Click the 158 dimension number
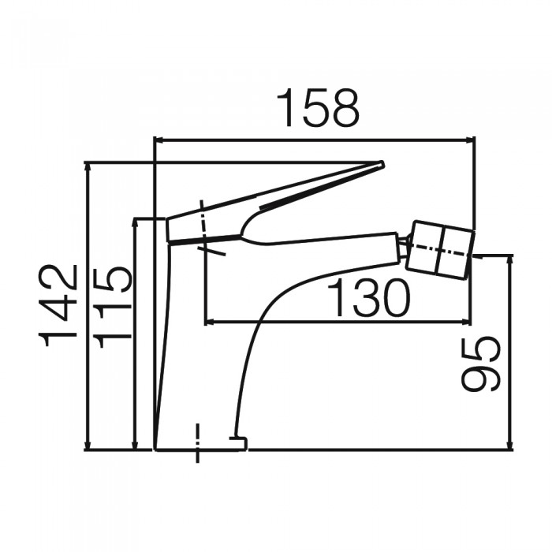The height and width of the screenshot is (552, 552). click(318, 109)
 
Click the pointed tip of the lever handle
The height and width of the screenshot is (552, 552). click(380, 165)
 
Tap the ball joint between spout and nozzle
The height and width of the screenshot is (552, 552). click(405, 246)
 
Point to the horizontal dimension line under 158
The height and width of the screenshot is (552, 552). click(315, 140)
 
